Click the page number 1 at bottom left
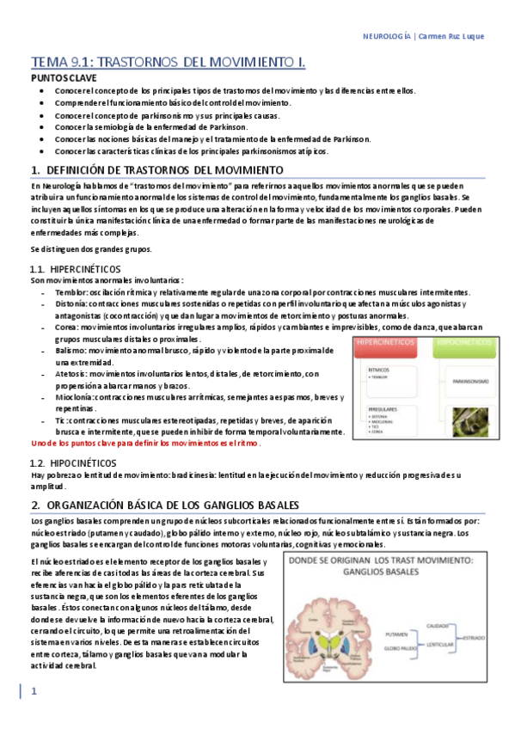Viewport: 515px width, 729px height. tap(34, 691)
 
